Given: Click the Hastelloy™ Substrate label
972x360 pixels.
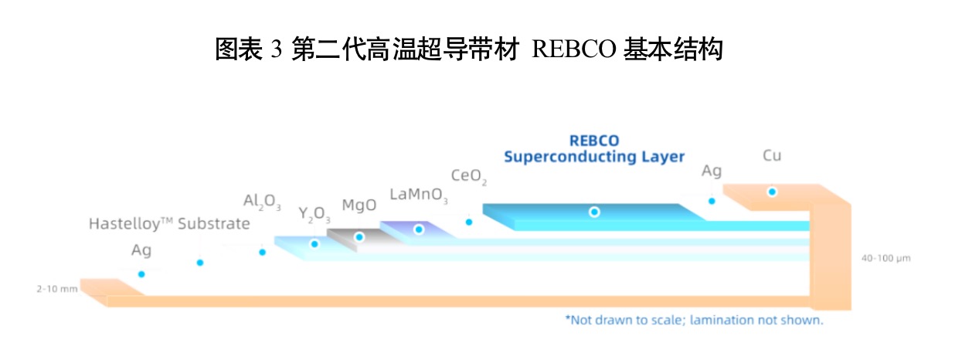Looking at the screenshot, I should point(169,224).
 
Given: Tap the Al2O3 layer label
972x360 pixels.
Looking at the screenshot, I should point(262,202).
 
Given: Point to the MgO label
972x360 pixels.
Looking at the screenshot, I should point(359,205).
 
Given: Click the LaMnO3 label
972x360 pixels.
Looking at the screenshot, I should point(419,195).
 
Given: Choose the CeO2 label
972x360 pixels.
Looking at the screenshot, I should point(469,177).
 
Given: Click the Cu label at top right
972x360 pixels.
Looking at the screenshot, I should point(772,155).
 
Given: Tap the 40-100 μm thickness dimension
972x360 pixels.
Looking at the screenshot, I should point(886,258).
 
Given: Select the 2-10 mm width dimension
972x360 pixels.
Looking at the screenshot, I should point(57,289).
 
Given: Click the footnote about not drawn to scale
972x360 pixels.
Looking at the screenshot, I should point(694,320).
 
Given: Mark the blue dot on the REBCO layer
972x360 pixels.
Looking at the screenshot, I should point(594,212).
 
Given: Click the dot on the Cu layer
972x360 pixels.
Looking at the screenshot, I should point(772,192).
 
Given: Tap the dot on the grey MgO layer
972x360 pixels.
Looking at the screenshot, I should point(359,237).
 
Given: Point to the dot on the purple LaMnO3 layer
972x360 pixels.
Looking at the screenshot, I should point(419,229).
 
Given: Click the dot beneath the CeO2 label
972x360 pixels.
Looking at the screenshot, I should point(469,222).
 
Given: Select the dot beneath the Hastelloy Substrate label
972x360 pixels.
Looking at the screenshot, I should point(200,263).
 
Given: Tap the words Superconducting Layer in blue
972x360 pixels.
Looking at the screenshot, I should point(594,157).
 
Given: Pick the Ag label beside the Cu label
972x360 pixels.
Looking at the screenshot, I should point(712,171).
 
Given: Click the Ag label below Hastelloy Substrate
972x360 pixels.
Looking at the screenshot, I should point(141,250).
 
